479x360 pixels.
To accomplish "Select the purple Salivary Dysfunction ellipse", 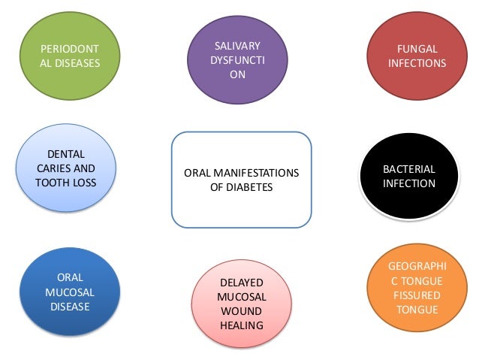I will coord(237,61).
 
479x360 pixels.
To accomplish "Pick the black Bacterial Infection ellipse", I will coord(409,176).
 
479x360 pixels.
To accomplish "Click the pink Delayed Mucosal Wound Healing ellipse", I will coord(241,304).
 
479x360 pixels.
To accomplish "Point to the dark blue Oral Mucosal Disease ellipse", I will coord(70,292).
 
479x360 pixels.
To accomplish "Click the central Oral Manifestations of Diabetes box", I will coord(241,180).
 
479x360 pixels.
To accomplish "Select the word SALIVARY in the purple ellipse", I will coord(237,47).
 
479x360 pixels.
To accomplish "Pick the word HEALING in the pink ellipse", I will coord(241,325).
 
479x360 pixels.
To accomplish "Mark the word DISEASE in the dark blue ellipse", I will coord(70,306).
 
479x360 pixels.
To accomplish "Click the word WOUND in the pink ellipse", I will coord(241,311).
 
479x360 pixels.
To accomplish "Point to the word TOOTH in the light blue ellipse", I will coord(55,182).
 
